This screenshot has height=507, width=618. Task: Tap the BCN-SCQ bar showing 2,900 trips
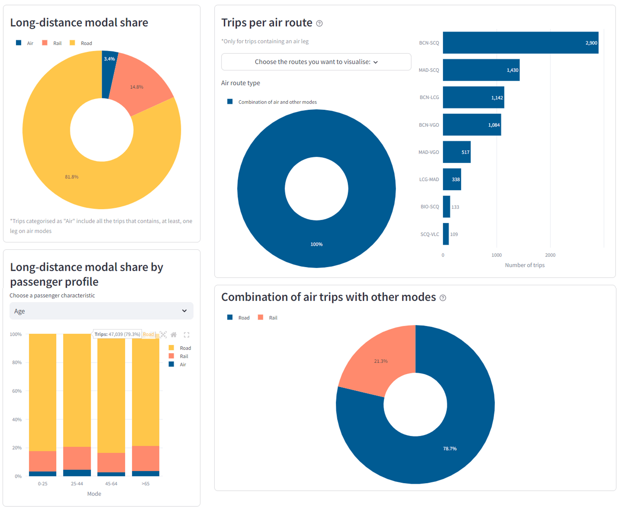pos(520,43)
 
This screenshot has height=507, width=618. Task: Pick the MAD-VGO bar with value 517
pos(456,152)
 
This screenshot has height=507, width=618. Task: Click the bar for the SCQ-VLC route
pos(446,234)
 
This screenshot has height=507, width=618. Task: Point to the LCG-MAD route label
pos(429,179)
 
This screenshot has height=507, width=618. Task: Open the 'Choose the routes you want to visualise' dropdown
pos(316,62)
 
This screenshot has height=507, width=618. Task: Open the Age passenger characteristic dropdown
pos(101,311)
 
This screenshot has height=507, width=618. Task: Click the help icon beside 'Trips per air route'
pos(320,23)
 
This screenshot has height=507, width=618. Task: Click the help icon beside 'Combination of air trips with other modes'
pos(443,298)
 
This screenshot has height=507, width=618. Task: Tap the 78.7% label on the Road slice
pos(450,449)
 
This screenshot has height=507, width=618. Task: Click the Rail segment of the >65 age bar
pos(146,458)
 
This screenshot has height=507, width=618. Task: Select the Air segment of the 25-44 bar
pos(77,473)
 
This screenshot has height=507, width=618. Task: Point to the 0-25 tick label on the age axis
pos(43,484)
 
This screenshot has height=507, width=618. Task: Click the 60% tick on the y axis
pos(17,391)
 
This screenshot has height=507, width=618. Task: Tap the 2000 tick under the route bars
pos(550,255)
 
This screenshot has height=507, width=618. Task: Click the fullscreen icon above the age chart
pos(186,334)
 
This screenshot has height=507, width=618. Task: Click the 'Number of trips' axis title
pos(525,265)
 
